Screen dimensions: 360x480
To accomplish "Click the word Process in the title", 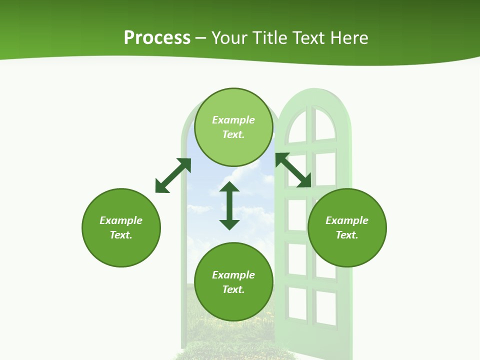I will click(157, 38).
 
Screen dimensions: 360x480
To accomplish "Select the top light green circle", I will click(233, 127).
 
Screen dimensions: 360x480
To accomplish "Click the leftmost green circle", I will click(121, 228).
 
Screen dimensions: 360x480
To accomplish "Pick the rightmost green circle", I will click(347, 228).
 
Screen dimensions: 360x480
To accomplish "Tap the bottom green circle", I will click(233, 282).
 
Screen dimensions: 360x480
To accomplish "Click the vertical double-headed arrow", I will click(229, 205).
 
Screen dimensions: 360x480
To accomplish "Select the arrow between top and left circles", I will click(173, 175).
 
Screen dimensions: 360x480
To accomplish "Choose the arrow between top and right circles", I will click(293, 170).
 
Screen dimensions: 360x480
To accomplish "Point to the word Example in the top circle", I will click(233, 120).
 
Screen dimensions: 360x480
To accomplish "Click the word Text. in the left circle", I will click(121, 235).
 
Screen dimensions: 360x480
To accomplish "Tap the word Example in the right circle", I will click(347, 220).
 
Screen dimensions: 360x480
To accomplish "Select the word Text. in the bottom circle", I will click(233, 289).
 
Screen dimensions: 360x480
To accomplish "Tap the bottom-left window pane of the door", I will click(297, 303).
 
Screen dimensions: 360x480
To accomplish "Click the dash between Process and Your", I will click(201, 38).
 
